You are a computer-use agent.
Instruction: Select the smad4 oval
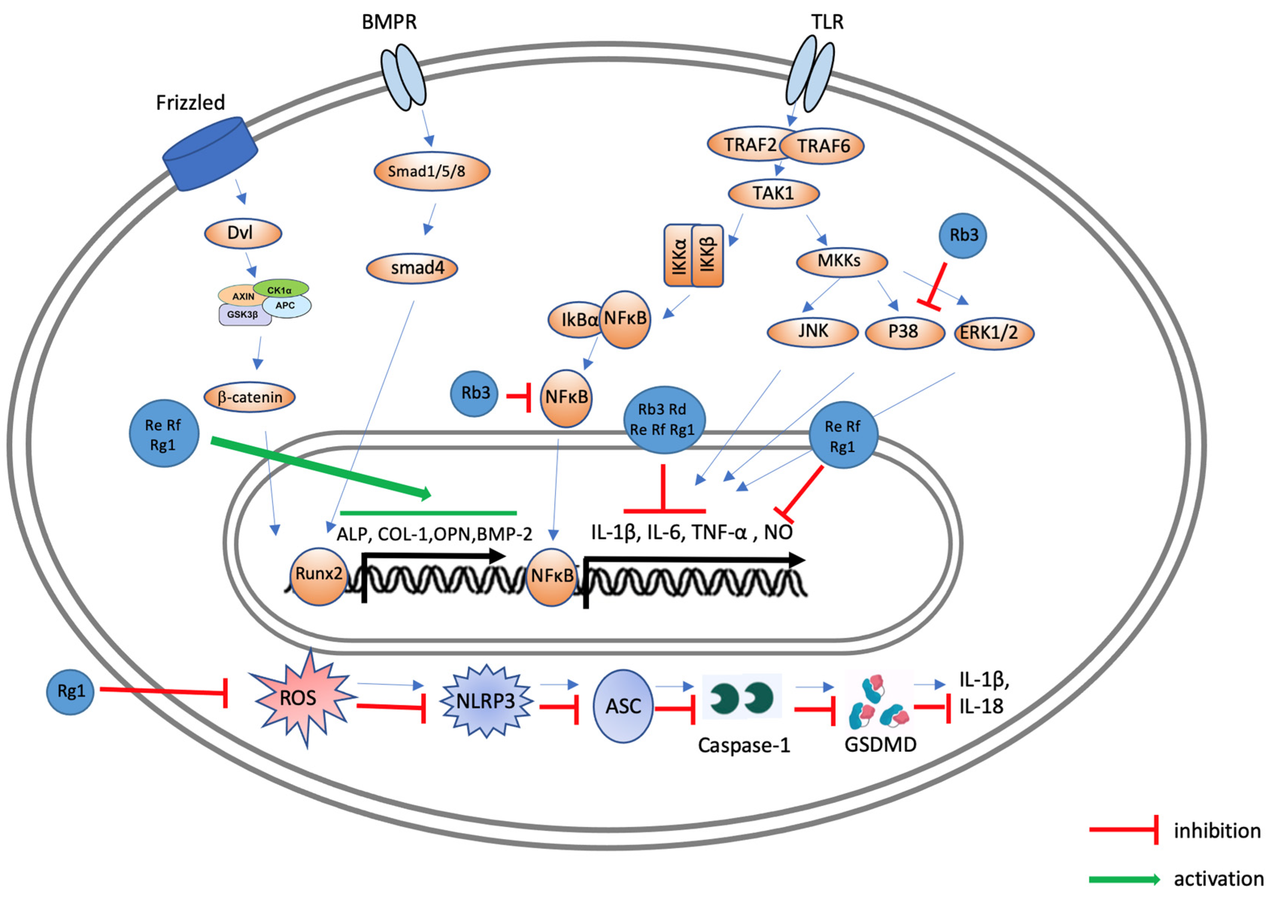tap(412, 268)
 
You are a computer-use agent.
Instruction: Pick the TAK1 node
tap(773, 193)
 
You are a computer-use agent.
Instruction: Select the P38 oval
tap(905, 332)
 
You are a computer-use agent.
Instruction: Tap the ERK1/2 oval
tap(994, 333)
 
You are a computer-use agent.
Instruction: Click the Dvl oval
tap(243, 233)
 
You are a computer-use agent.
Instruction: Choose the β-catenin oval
tap(249, 397)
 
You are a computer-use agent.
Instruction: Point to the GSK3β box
tap(243, 315)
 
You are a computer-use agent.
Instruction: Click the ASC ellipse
tap(623, 706)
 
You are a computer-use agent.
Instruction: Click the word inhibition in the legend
tap(1217, 831)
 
